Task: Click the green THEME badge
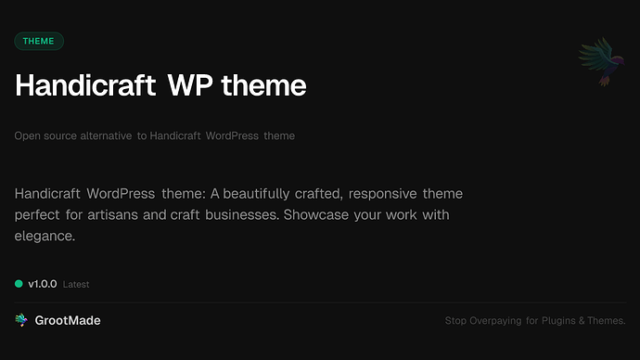point(39,41)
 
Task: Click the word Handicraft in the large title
point(85,85)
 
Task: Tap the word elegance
point(45,237)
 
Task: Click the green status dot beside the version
point(19,284)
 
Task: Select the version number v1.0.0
point(43,284)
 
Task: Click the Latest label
point(76,285)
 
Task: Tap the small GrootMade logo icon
point(21,320)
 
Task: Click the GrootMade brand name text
point(68,320)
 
